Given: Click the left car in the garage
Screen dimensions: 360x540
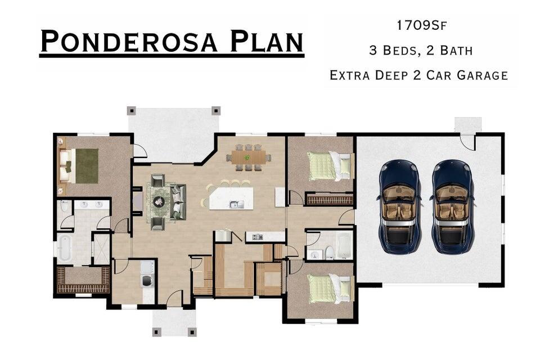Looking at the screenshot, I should [x=399, y=206].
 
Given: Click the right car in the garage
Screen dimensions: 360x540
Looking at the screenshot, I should [x=452, y=206].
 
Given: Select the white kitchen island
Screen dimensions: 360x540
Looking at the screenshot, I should [x=231, y=198].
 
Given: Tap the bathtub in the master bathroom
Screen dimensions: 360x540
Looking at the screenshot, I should [x=64, y=247].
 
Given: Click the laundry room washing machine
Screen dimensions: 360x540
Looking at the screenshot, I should [x=148, y=281].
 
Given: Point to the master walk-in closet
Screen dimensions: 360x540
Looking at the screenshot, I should [x=83, y=280].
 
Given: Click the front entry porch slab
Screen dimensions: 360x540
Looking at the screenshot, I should [x=174, y=323].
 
